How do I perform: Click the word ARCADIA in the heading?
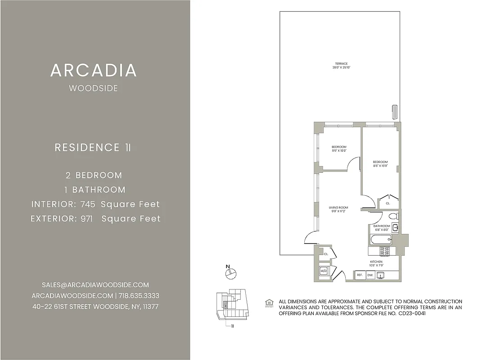(94, 70)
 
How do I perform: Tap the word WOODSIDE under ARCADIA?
(94, 88)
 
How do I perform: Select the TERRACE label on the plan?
(341, 63)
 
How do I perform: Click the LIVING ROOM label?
(338, 207)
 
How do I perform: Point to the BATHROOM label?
(381, 226)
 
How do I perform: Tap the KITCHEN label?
(376, 261)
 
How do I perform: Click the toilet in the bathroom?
(392, 216)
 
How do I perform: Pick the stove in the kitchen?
(385, 251)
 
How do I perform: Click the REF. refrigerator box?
(360, 275)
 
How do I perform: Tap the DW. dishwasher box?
(370, 275)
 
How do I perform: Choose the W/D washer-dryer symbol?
(323, 271)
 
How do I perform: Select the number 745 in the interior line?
(88, 204)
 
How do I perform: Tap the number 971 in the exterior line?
(86, 219)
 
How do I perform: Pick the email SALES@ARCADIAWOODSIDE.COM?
(95, 285)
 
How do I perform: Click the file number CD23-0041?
(412, 313)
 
